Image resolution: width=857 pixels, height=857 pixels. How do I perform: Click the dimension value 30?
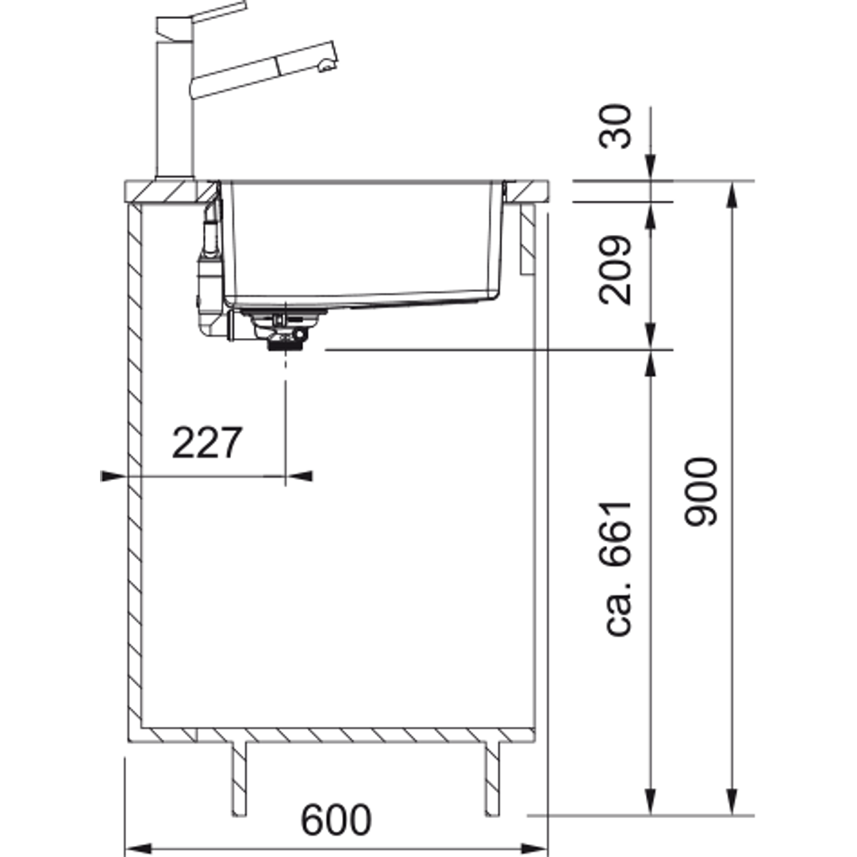click(x=616, y=126)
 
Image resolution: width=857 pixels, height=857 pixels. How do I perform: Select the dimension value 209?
click(x=616, y=270)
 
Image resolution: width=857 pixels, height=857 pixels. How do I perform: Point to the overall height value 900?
click(x=701, y=492)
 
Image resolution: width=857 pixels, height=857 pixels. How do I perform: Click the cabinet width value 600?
click(x=336, y=819)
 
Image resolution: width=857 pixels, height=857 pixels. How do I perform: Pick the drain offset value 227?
click(x=207, y=443)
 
